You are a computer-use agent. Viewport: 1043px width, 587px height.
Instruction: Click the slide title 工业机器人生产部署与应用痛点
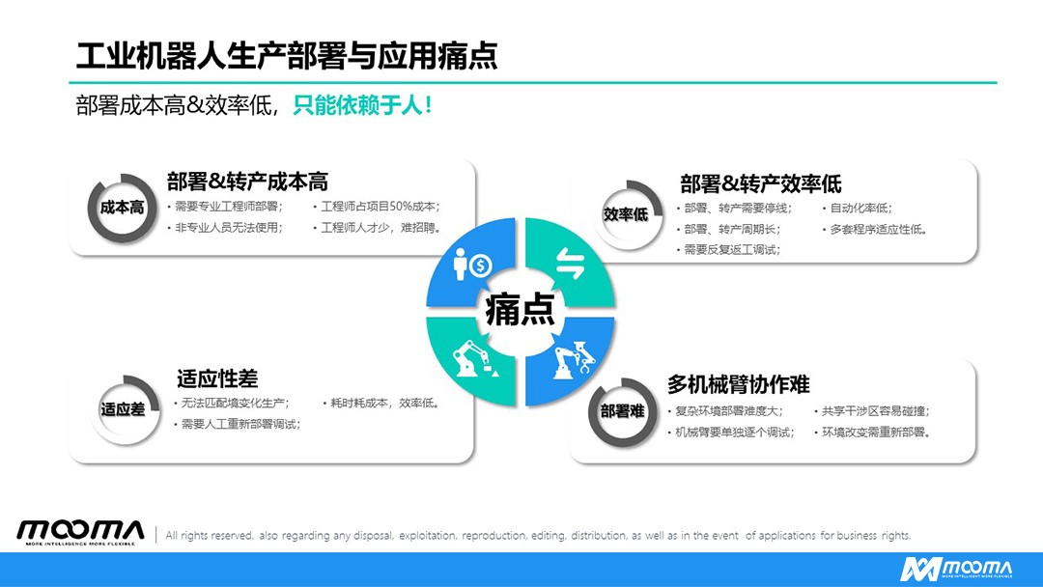[x=287, y=56]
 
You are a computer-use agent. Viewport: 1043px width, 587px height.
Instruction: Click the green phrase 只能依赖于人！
[x=363, y=105]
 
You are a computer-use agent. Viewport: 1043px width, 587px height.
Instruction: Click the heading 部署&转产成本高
[x=247, y=182]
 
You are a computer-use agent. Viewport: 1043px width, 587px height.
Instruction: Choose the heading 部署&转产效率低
[x=760, y=183]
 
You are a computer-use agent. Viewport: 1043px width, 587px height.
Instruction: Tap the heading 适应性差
[x=217, y=378]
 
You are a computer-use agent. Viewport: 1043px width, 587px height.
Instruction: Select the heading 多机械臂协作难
[x=739, y=384]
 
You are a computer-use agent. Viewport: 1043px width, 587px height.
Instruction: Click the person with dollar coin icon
[x=472, y=265]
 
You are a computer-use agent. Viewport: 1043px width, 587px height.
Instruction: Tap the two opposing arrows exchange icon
[x=570, y=264]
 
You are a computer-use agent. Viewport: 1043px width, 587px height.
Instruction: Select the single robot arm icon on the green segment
[x=474, y=359]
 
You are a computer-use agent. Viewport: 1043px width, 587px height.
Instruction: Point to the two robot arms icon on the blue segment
[x=574, y=360]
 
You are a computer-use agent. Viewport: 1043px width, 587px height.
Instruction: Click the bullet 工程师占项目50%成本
[x=380, y=207]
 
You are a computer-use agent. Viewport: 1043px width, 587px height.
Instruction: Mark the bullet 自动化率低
[x=860, y=209]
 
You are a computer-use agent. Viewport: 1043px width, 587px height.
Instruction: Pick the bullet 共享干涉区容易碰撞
[x=874, y=411]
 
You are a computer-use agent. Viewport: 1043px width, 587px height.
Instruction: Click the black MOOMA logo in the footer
[x=80, y=532]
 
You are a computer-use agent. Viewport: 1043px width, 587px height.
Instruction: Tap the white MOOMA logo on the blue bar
[x=956, y=570]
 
